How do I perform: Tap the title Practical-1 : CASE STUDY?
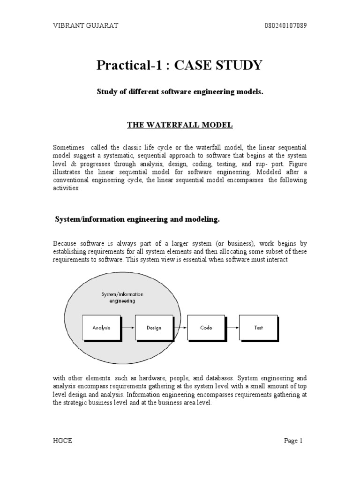180,65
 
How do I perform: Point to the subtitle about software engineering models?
180,93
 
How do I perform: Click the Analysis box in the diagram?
101,328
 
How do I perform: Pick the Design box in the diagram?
154,328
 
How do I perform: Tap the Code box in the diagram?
206,328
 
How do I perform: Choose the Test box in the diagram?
258,328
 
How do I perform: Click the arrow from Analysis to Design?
127,328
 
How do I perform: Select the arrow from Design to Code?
180,328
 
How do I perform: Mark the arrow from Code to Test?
232,328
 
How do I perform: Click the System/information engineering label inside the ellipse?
122,298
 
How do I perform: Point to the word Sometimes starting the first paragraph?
67,148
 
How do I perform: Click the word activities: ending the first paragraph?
67,187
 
